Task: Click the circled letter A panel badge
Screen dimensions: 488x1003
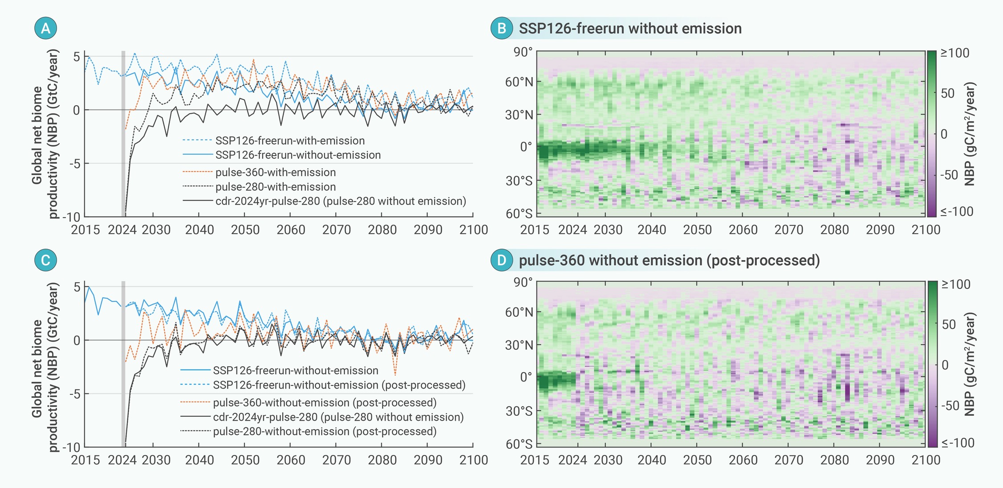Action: click(45, 28)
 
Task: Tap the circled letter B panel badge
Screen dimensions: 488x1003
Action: click(502, 28)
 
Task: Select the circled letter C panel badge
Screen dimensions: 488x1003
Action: click(45, 260)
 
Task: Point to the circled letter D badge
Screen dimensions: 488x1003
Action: click(502, 260)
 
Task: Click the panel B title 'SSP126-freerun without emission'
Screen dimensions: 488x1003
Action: click(630, 29)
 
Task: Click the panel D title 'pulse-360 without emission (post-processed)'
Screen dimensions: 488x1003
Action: click(669, 260)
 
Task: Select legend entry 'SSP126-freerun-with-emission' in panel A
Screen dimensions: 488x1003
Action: click(290, 141)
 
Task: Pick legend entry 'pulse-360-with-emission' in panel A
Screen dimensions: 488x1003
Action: click(276, 172)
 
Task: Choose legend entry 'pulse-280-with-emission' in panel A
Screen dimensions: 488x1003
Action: click(276, 187)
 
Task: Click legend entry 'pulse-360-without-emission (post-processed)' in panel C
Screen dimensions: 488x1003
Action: click(325, 403)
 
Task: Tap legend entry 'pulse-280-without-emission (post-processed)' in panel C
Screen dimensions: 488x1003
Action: click(325, 431)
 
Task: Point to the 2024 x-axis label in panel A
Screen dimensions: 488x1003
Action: click(122, 230)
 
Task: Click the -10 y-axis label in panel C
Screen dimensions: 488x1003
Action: click(70, 447)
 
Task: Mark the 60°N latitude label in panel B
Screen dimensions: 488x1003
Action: click(519, 82)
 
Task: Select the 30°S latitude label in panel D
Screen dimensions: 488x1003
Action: click(519, 411)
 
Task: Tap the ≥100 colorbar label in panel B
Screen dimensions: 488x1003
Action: click(954, 53)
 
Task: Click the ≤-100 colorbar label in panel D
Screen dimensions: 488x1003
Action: click(958, 443)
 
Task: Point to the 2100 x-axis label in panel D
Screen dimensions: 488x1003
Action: click(926, 460)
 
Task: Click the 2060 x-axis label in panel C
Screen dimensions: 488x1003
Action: click(291, 460)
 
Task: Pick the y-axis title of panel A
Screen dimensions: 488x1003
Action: click(45, 134)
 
